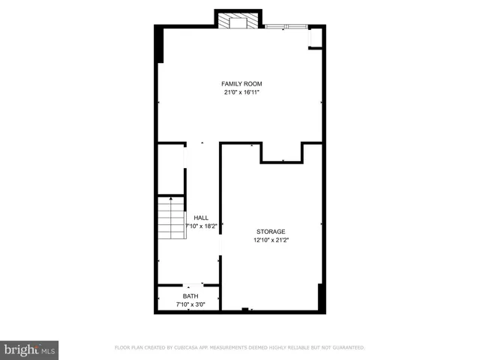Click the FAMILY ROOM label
click(241, 83)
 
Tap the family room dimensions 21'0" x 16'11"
click(241, 92)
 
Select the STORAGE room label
click(270, 232)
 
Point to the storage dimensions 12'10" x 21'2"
click(270, 241)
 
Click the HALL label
click(201, 217)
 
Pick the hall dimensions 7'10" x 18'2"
click(197, 226)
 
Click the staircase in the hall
click(171, 218)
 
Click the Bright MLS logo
click(29, 349)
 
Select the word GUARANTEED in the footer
click(346, 348)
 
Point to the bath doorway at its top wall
click(194, 285)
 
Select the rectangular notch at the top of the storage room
click(281, 152)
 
